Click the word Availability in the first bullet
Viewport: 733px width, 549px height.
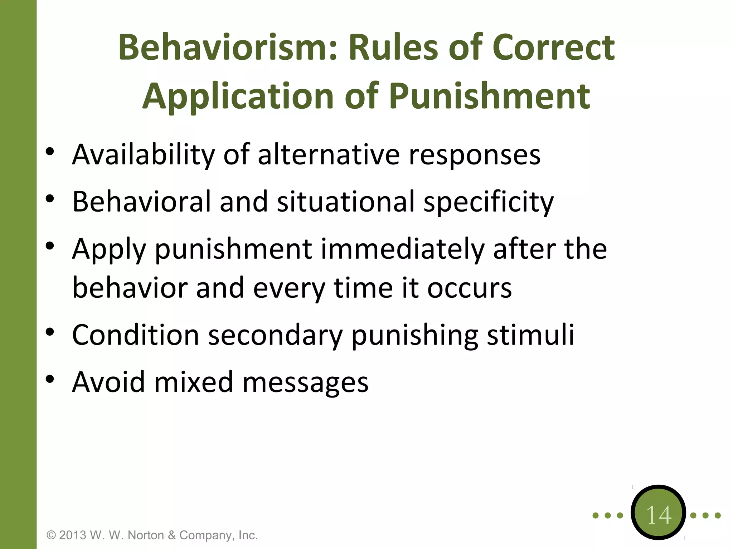tap(143, 155)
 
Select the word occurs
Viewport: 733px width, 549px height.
tap(469, 288)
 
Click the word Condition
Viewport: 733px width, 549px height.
tap(135, 335)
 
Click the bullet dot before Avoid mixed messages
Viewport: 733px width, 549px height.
tap(50, 379)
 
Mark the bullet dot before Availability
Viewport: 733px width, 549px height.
tap(50, 152)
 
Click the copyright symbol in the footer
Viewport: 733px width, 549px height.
tap(52, 535)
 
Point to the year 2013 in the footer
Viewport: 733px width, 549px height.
tap(73, 535)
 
